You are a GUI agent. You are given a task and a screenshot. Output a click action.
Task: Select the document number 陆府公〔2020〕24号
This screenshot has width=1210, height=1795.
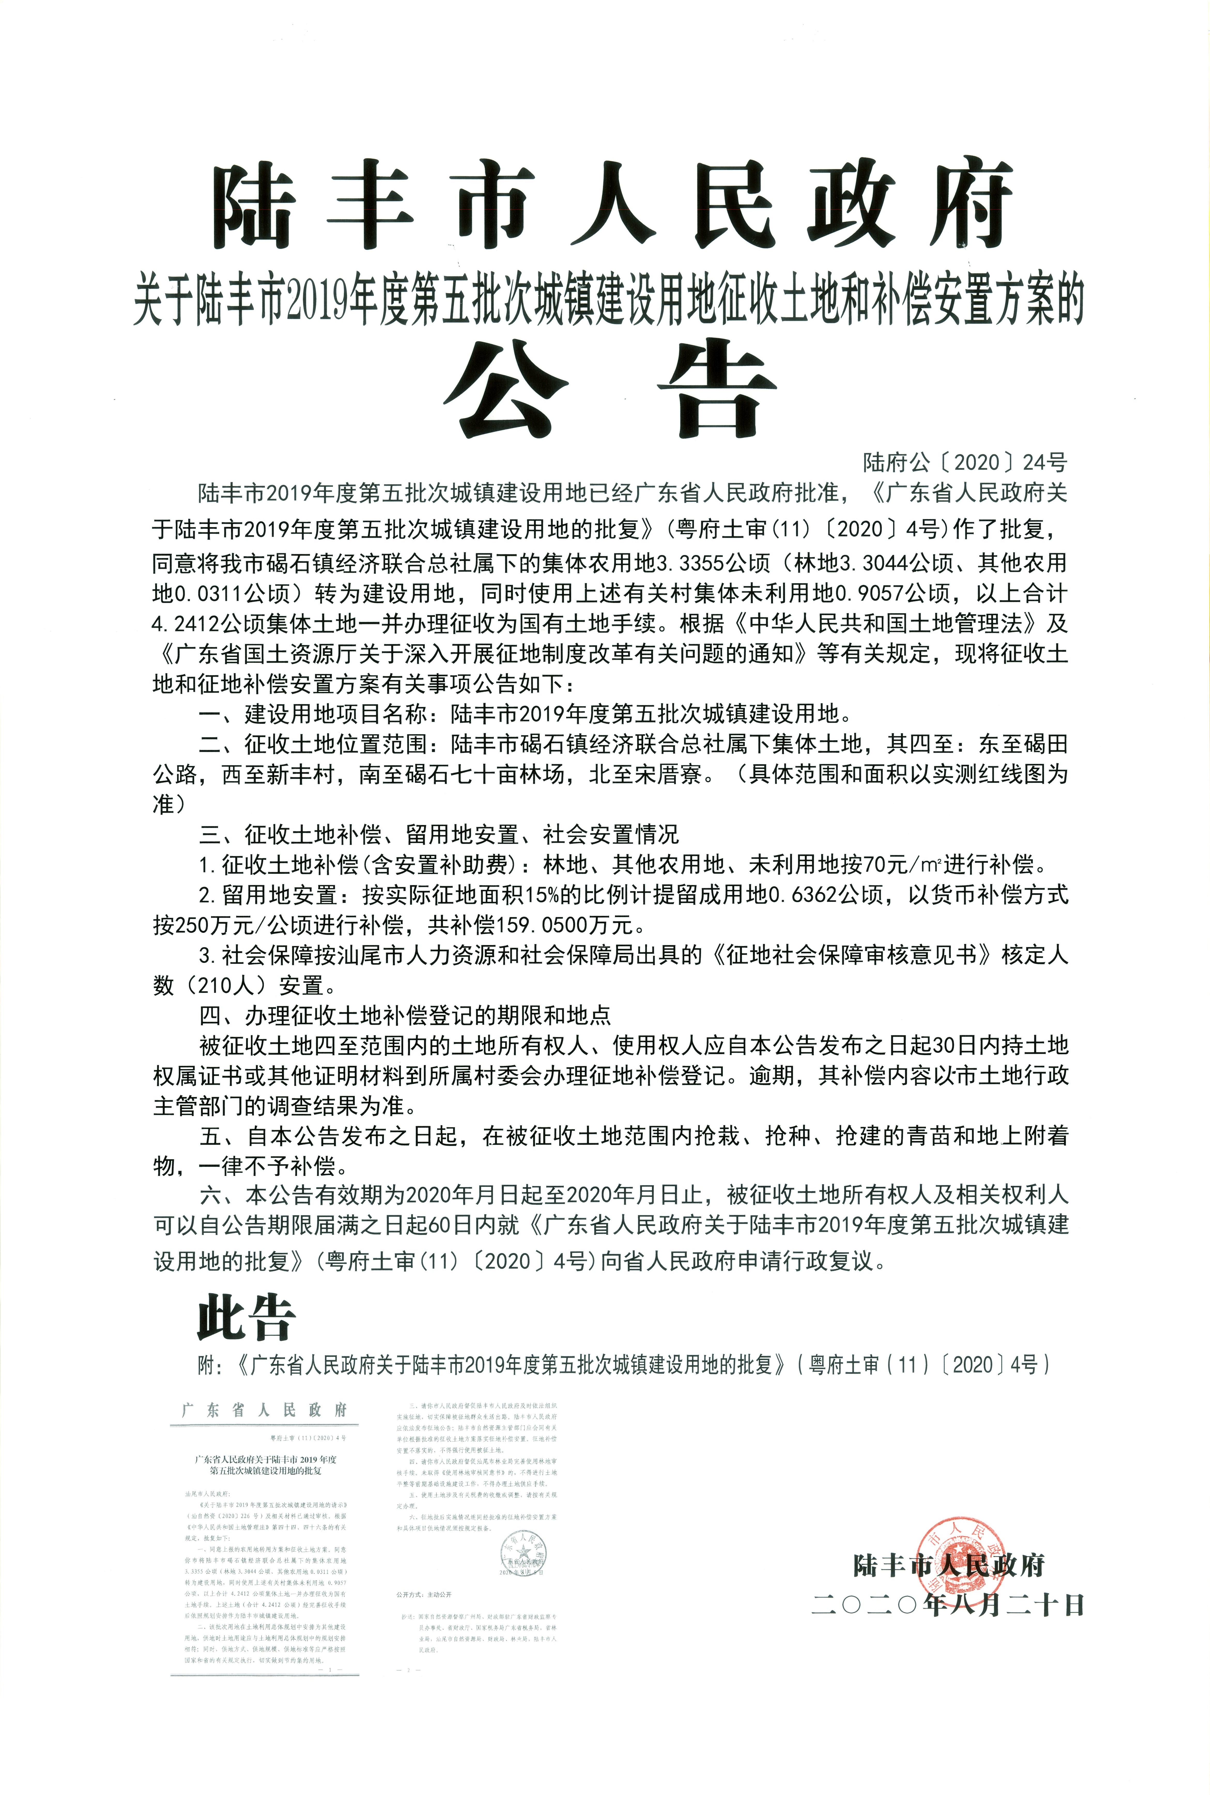(x=965, y=463)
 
